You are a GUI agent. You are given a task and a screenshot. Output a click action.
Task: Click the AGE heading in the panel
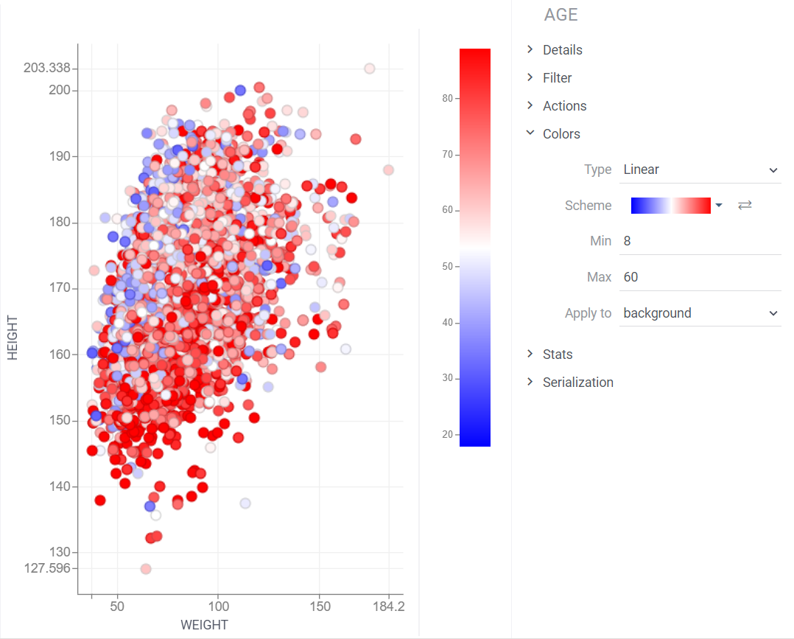[561, 15]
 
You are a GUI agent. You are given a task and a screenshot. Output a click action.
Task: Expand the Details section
[562, 50]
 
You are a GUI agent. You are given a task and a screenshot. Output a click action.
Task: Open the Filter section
[557, 78]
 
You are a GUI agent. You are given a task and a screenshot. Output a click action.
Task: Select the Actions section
[564, 106]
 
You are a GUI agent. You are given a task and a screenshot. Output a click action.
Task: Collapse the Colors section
[561, 134]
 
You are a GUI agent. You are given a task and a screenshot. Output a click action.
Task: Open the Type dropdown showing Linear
[700, 170]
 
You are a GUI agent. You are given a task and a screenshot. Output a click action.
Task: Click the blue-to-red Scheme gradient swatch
[670, 206]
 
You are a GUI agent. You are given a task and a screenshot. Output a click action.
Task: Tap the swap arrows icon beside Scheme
[745, 206]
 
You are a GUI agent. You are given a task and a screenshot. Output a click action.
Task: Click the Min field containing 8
[700, 241]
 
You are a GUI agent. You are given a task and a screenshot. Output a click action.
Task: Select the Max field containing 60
[700, 277]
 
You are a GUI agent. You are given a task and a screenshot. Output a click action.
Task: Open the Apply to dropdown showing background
[700, 313]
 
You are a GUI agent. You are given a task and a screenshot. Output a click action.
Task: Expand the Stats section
[557, 355]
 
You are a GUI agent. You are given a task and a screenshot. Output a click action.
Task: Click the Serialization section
[577, 383]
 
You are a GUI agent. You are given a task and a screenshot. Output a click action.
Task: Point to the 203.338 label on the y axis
[46, 68]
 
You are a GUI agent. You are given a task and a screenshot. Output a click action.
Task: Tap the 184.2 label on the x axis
[389, 607]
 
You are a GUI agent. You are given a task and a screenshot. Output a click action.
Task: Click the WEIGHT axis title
[204, 625]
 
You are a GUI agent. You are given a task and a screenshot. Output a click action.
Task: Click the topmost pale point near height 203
[370, 69]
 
